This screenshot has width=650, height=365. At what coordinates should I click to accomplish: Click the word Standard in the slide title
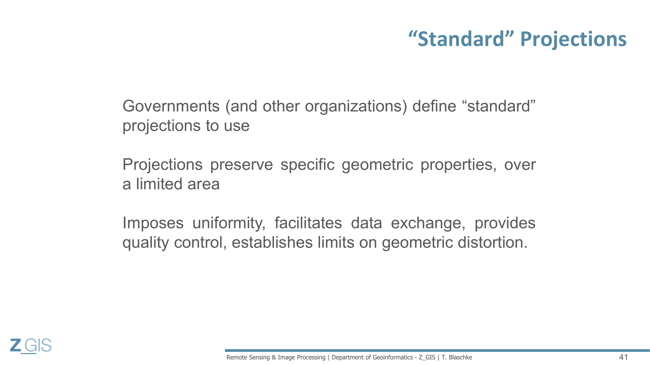[461, 39]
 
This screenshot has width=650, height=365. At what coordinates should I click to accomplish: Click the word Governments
[171, 106]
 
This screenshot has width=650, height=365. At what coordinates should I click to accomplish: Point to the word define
[434, 106]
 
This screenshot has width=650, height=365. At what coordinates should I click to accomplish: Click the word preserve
[242, 165]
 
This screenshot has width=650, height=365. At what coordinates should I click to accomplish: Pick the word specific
[307, 165]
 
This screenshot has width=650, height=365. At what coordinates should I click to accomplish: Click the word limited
[159, 184]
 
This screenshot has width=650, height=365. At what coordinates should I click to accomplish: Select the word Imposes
[153, 223]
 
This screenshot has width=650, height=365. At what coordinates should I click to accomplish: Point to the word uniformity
[229, 223]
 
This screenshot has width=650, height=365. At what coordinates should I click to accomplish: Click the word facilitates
[308, 223]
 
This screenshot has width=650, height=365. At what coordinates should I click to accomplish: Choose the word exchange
[428, 223]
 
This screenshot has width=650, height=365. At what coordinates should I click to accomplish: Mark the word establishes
[272, 242]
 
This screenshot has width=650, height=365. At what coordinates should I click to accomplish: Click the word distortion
[492, 242]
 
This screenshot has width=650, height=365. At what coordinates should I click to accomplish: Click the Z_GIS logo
[31, 346]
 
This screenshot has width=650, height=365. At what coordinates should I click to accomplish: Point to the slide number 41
[623, 357]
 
